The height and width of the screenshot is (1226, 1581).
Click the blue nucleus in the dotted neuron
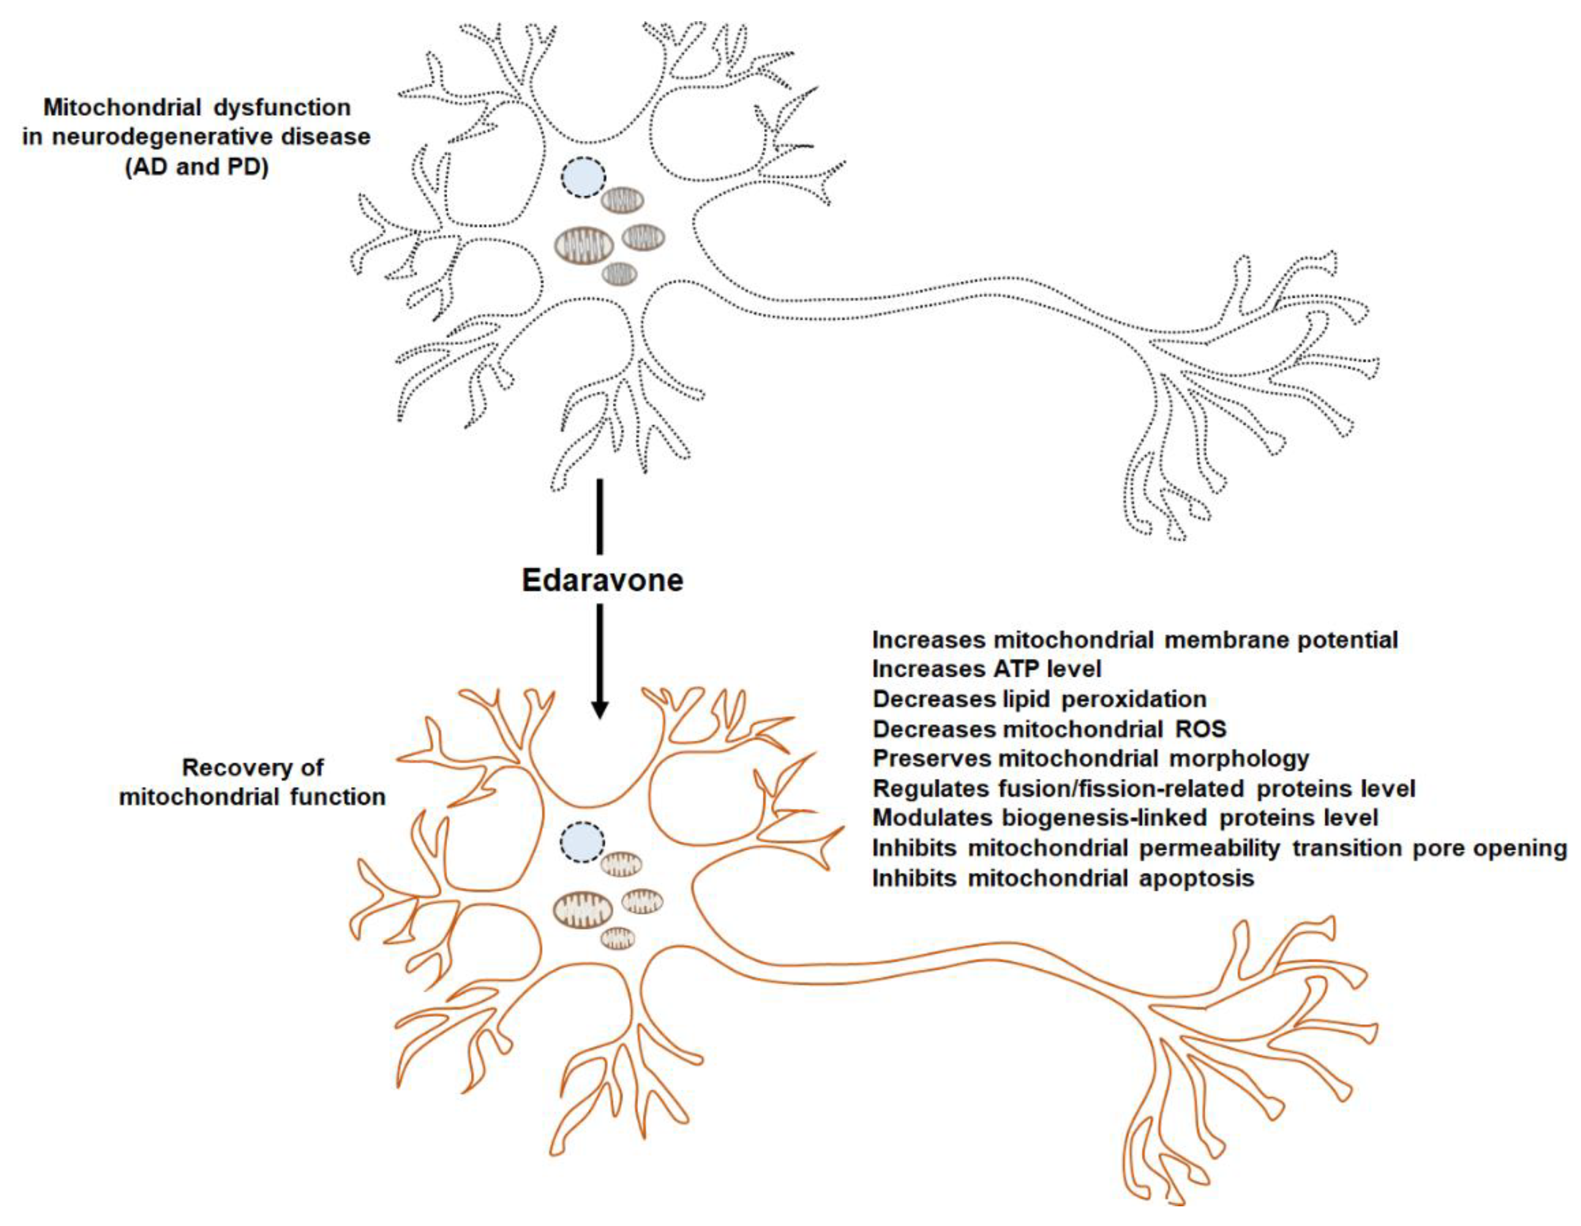click(584, 178)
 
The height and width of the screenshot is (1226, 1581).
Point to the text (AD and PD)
click(196, 167)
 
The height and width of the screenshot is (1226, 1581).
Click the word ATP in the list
click(1019, 670)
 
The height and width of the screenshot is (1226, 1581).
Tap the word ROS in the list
click(1201, 729)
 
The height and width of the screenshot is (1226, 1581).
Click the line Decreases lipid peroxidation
click(1039, 699)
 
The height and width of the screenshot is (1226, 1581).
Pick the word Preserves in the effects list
click(931, 758)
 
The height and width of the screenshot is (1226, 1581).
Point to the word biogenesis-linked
click(1104, 818)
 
